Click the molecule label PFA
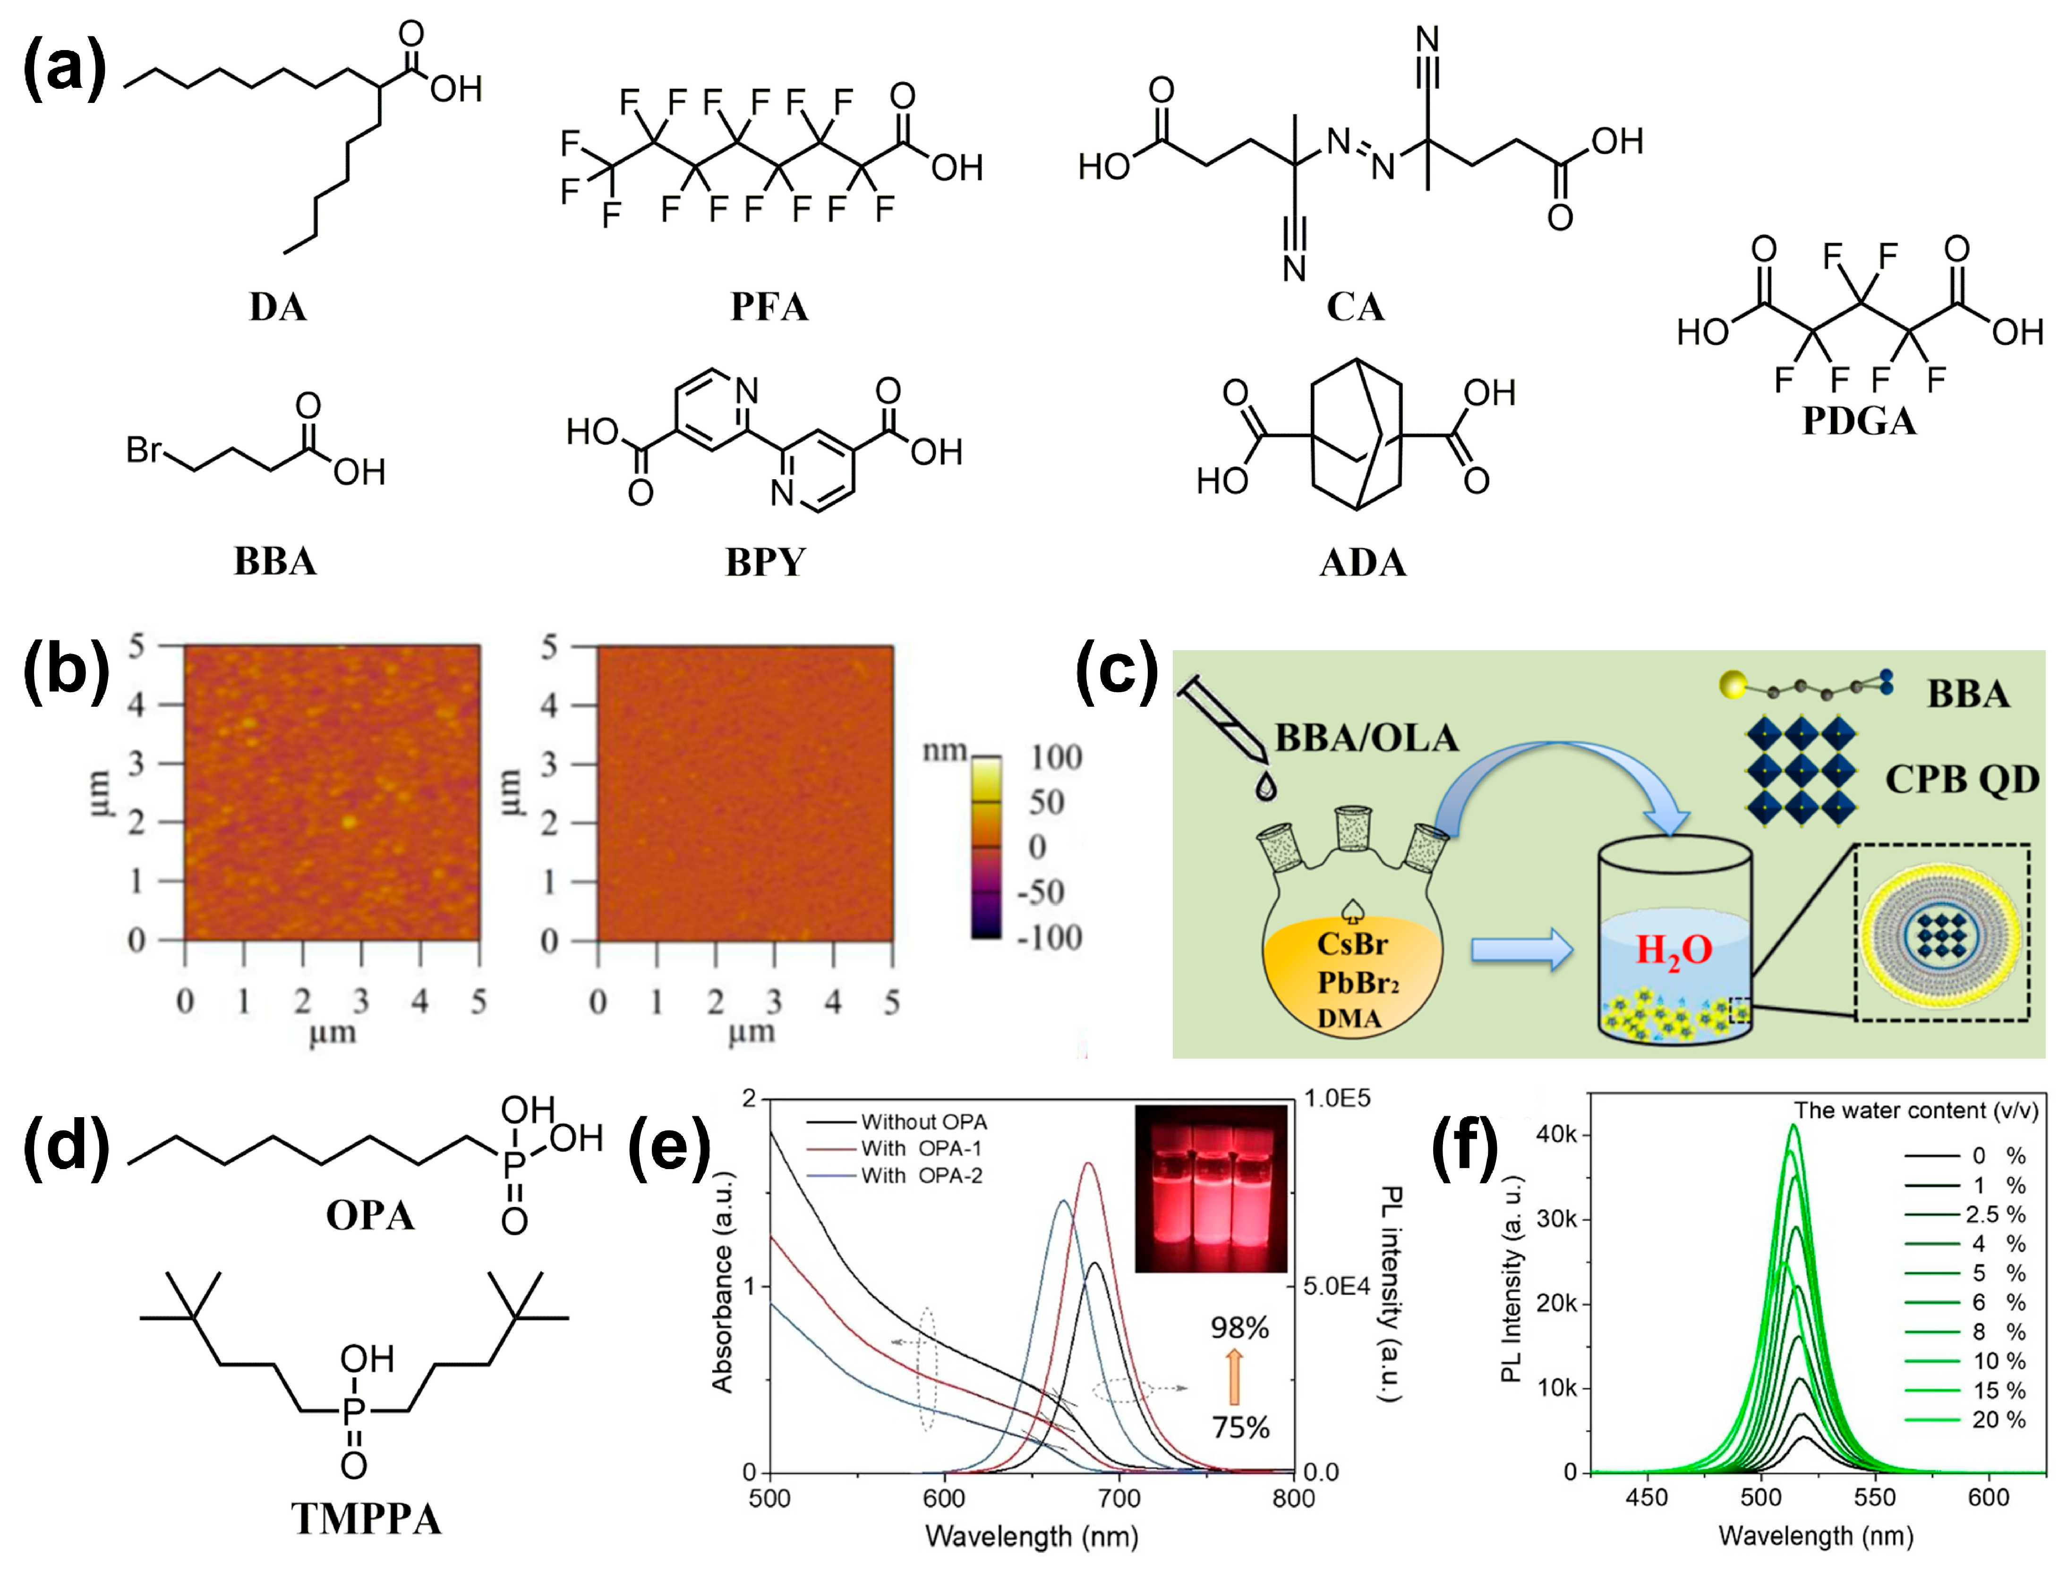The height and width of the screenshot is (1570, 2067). click(x=769, y=306)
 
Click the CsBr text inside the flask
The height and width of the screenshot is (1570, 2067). click(x=1352, y=944)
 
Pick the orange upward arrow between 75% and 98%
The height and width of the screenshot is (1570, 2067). click(x=1234, y=1377)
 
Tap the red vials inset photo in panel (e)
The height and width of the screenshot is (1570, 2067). click(x=1211, y=1189)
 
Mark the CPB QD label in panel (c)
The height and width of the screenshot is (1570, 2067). click(x=1961, y=779)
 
